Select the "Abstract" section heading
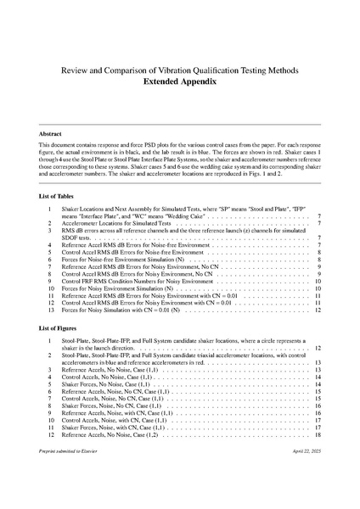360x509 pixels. [53, 134]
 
